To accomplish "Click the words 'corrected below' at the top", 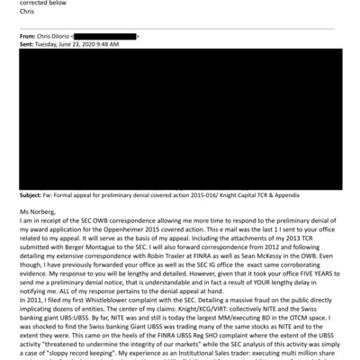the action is tap(38, 4).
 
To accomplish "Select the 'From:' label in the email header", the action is tap(29, 35).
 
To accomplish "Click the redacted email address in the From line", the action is tap(113, 35).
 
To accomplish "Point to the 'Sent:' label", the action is tap(28, 43).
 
